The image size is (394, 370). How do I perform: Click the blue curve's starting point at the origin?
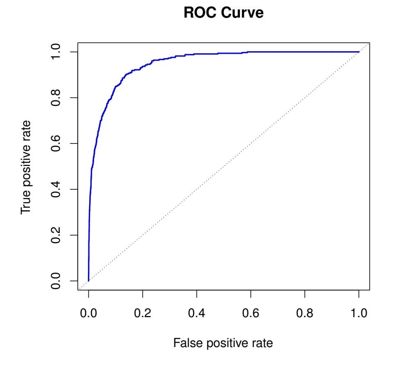point(88,281)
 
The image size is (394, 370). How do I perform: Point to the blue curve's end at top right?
point(359,52)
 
